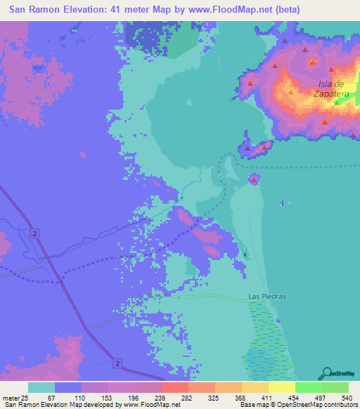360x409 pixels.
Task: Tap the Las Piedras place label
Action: coord(267,297)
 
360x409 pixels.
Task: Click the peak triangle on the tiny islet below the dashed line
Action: coord(254,179)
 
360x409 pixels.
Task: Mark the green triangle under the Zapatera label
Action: coord(337,103)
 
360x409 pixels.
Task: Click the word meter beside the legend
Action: coord(9,398)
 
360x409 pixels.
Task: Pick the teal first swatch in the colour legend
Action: coord(41,387)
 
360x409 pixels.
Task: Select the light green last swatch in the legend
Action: coord(335,387)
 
